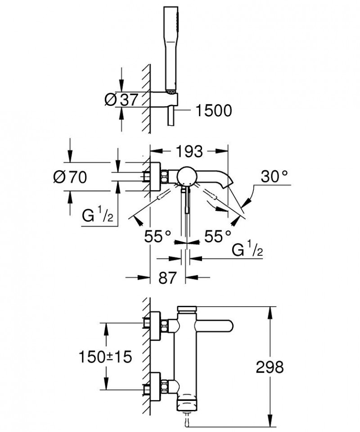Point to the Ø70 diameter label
[70, 177]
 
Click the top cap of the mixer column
[187, 309]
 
